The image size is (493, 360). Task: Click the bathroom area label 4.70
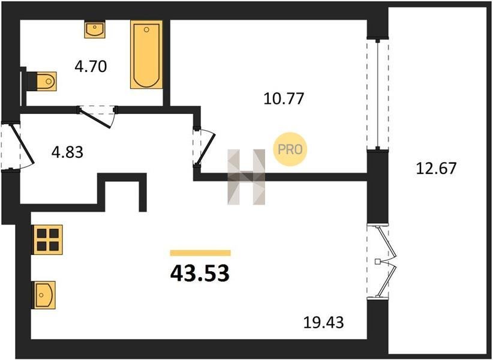[x=91, y=67]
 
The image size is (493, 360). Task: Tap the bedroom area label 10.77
[x=284, y=99]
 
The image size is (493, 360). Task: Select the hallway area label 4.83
[x=67, y=152]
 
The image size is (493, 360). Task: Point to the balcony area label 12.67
[x=436, y=168]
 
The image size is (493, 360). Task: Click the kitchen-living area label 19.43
[x=323, y=322]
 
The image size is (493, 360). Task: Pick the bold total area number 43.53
[x=200, y=273]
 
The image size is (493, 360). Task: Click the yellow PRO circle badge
[x=290, y=149]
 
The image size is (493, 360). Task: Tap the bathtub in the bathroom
[x=146, y=55]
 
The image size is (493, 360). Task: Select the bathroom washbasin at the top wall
[x=94, y=29]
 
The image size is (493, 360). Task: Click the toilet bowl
[x=46, y=81]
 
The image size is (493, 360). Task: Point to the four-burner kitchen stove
[x=48, y=239]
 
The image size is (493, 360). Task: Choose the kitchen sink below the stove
[x=44, y=295]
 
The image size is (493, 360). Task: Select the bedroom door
[x=205, y=146]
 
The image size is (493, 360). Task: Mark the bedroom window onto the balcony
[x=378, y=94]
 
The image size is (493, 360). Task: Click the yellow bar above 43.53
[x=200, y=253]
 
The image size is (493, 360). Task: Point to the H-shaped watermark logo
[x=246, y=177]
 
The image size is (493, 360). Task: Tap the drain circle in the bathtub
[x=146, y=29]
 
